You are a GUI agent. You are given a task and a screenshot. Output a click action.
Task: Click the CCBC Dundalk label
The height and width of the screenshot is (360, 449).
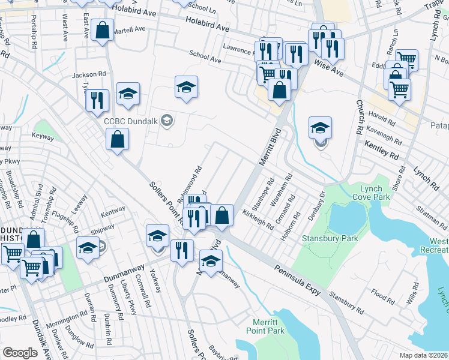[x=131, y=121]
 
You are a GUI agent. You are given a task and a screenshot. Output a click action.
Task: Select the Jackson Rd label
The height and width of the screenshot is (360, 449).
[x=85, y=75]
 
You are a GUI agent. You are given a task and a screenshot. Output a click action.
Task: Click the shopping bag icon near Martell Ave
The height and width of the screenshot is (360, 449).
[x=103, y=32]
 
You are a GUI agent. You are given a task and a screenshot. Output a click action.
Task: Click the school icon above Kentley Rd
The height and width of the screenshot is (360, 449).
[x=320, y=128]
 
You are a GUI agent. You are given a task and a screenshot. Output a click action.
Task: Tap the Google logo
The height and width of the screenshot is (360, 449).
[x=20, y=353]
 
